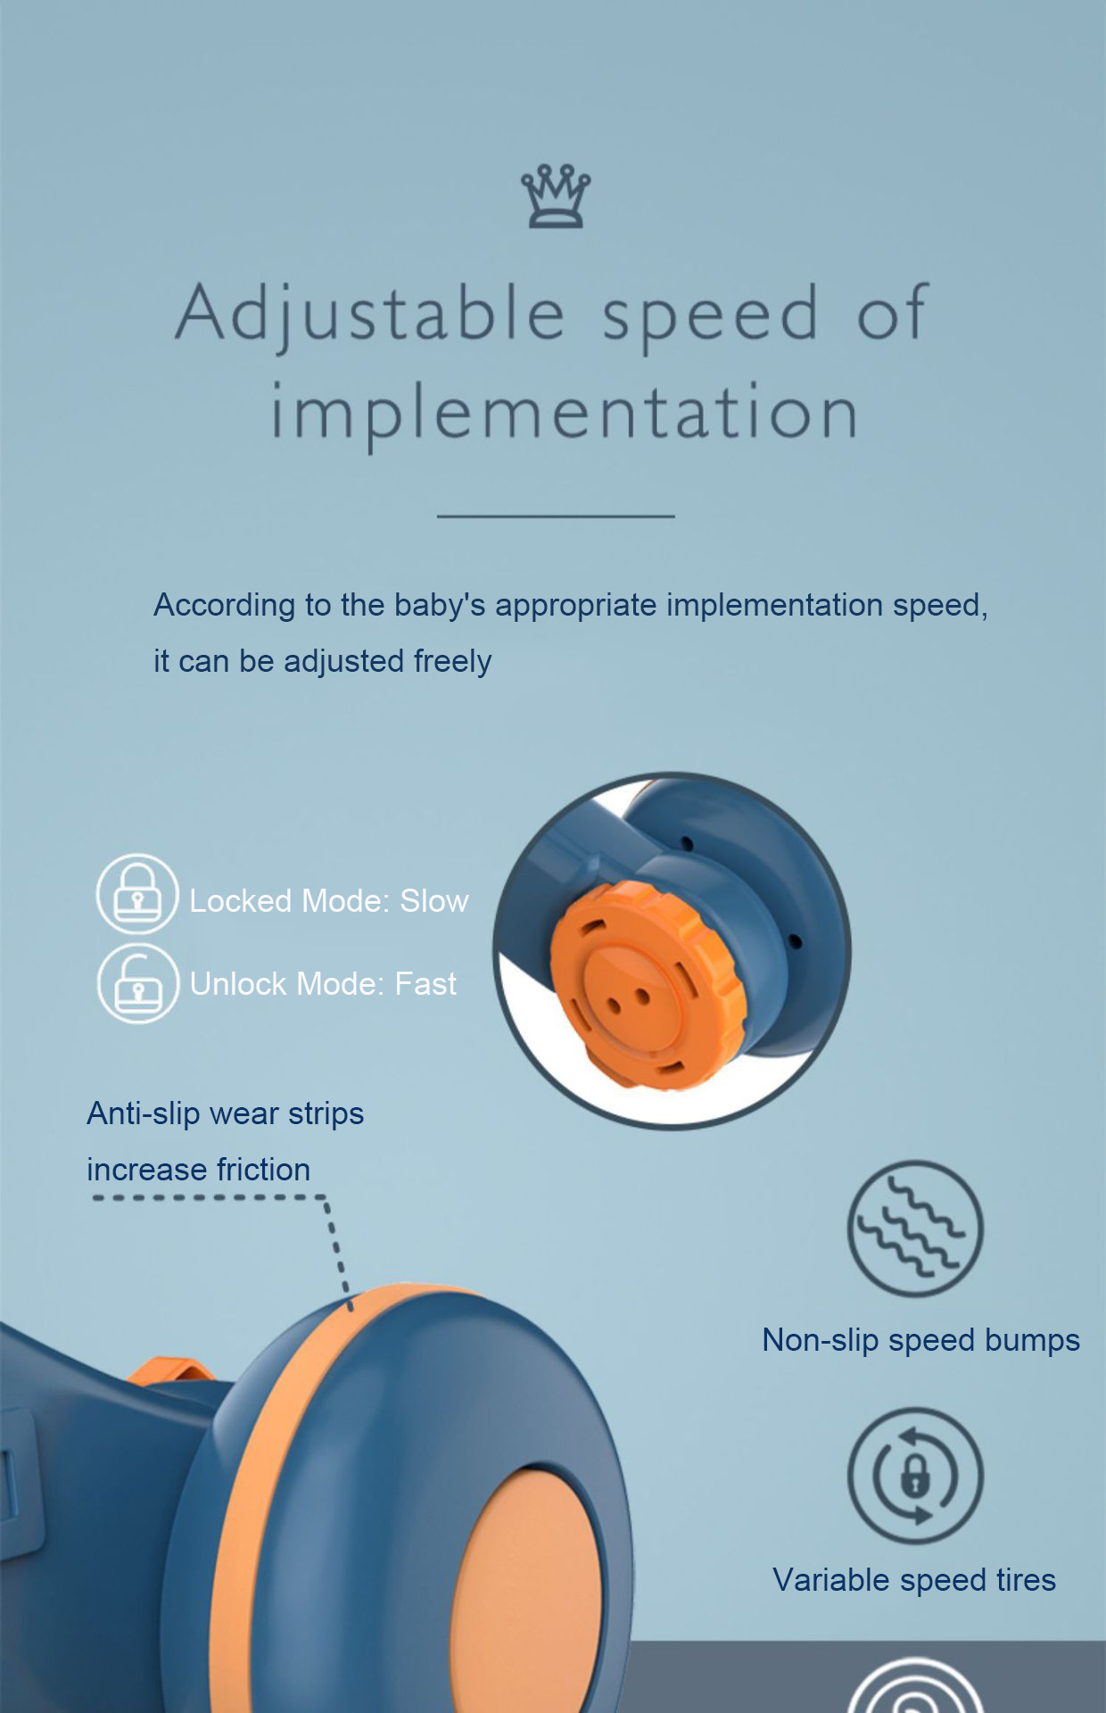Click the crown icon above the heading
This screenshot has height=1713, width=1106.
click(x=556, y=195)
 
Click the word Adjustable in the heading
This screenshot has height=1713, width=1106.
click(x=371, y=314)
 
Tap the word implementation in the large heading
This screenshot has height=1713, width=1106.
click(x=565, y=413)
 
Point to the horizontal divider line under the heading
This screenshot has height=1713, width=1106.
click(x=556, y=516)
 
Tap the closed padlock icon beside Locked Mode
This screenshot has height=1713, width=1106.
click(x=137, y=894)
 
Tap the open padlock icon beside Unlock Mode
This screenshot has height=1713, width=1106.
click(x=138, y=983)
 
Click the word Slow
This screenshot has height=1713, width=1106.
click(x=434, y=901)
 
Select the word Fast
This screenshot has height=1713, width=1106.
click(x=425, y=984)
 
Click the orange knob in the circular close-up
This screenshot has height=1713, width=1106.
click(x=647, y=985)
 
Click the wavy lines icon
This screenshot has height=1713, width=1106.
click(x=915, y=1229)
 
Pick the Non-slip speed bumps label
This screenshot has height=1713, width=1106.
click(x=921, y=1340)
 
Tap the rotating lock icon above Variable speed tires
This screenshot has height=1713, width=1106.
click(x=915, y=1476)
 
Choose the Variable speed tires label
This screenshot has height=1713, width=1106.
click(x=914, y=1580)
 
